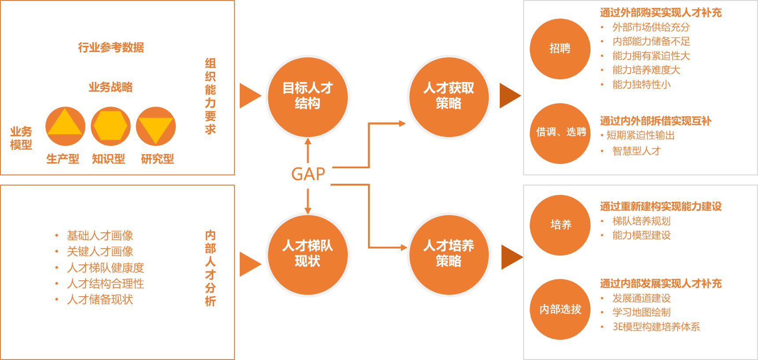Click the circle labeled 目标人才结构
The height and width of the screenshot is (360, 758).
[x=308, y=96]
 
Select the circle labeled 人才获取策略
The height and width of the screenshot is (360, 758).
[x=449, y=96]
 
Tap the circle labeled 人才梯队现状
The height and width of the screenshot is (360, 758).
[x=308, y=254]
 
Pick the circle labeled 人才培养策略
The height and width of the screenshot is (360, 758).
[x=449, y=254]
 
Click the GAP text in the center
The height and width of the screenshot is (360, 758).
[x=308, y=174]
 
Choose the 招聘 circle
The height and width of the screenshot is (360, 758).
[x=560, y=48]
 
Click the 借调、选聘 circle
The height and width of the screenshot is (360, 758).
[x=560, y=133]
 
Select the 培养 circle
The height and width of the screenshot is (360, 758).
[x=560, y=225]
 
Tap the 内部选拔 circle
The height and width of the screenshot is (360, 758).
[x=560, y=309]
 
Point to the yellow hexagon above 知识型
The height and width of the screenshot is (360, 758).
[x=111, y=126]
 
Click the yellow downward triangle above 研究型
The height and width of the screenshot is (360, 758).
[x=156, y=129]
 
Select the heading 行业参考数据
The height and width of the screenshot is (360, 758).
[x=111, y=47]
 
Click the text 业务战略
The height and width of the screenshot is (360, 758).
[x=111, y=87]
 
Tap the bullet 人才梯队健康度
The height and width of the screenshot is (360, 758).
[x=105, y=267]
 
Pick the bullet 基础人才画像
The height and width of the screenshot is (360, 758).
[x=100, y=235]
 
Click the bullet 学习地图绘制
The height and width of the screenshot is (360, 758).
[x=641, y=312]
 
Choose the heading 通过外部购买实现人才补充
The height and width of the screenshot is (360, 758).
[x=661, y=13]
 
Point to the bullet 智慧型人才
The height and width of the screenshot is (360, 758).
[x=636, y=151]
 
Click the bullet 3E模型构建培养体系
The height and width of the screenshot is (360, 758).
[x=656, y=327]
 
